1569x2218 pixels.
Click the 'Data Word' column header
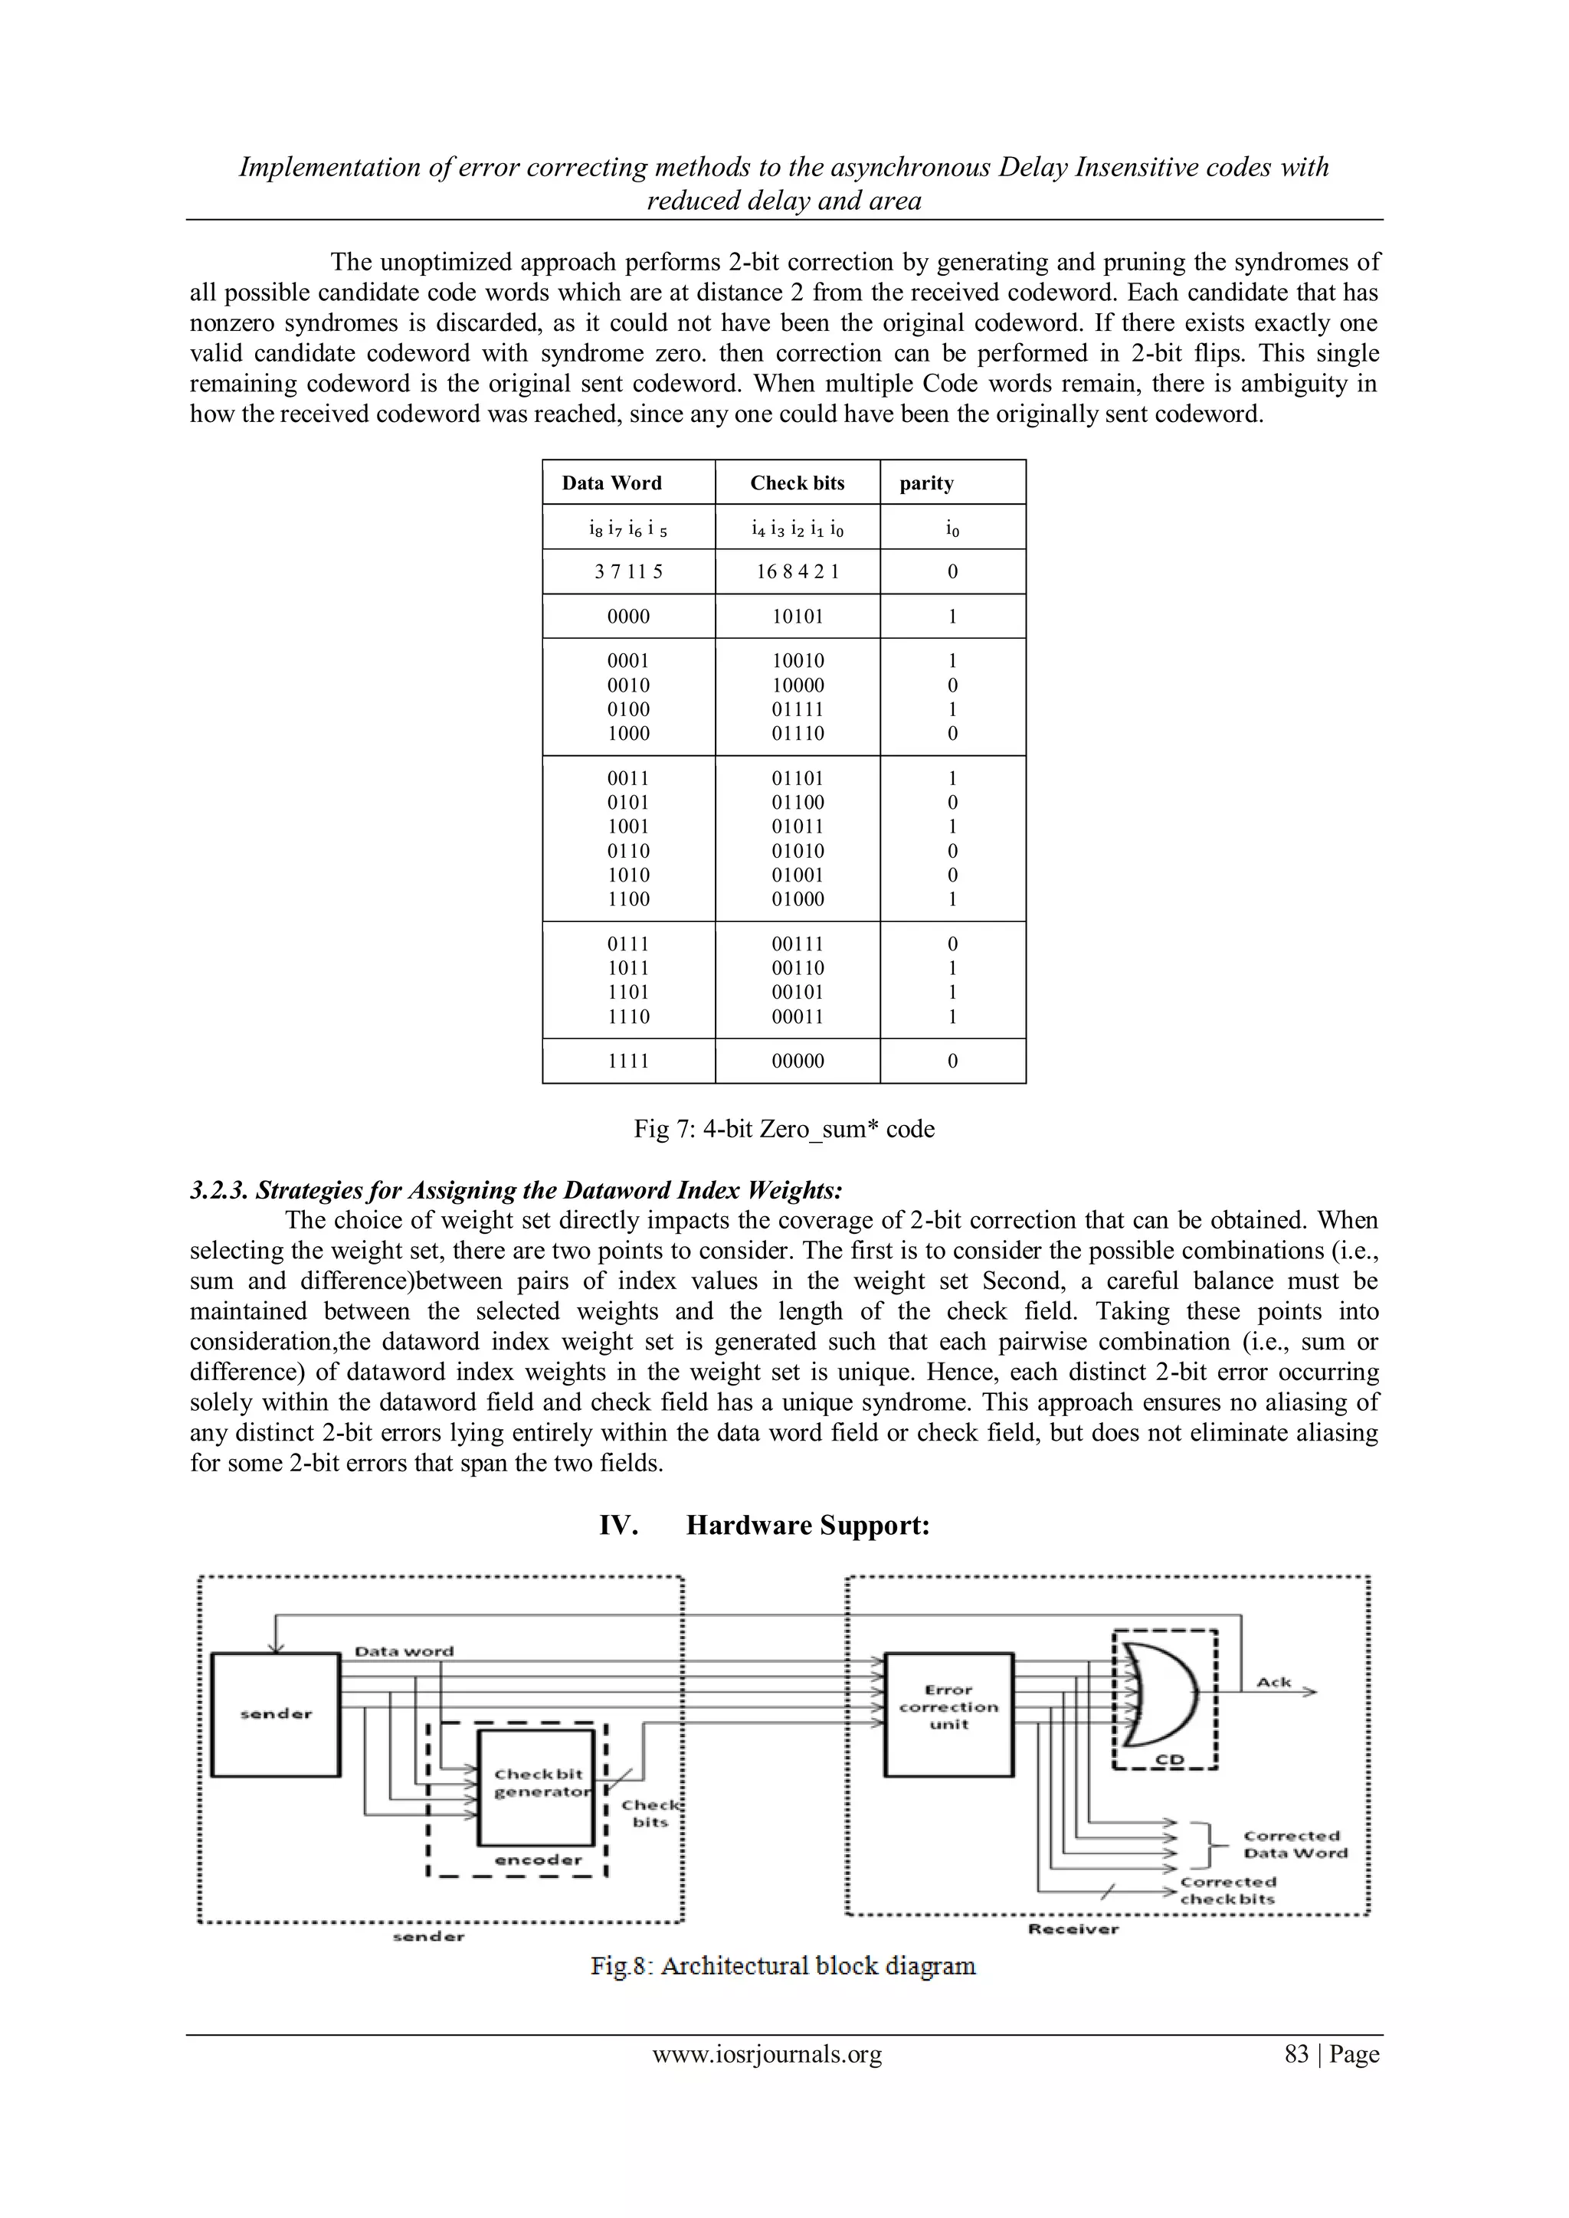[611, 483]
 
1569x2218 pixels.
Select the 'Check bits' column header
[797, 483]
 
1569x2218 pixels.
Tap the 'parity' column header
[925, 483]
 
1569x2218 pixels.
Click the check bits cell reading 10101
[797, 617]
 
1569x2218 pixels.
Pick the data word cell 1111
[628, 1061]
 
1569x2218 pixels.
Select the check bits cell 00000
[797, 1061]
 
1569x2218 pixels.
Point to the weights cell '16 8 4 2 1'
[797, 571]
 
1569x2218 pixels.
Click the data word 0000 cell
[628, 617]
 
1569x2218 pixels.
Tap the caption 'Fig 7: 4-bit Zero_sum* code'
[784, 1128]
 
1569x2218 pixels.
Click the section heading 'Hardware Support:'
[807, 1526]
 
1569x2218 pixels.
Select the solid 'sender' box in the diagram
[275, 1715]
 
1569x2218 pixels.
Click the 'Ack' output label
[1273, 1682]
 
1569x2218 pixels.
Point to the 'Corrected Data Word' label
[1294, 1844]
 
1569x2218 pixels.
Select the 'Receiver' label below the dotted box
[1073, 1929]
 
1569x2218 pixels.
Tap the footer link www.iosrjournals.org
[767, 2054]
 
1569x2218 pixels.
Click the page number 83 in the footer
[1295, 2054]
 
